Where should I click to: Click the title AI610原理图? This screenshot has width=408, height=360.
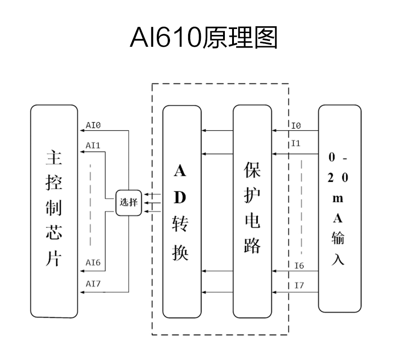pyautogui.click(x=204, y=38)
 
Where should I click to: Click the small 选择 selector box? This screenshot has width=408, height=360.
pyautogui.click(x=129, y=202)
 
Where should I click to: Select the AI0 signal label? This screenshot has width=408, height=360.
pyautogui.click(x=93, y=125)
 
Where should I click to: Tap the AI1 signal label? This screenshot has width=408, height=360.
pyautogui.click(x=93, y=146)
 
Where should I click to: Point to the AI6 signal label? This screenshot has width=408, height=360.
pyautogui.click(x=93, y=263)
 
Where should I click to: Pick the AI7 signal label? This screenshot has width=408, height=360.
pyautogui.click(x=93, y=284)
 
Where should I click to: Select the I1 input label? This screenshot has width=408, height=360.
pyautogui.click(x=296, y=143)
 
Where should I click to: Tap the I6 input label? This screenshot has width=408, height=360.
pyautogui.click(x=299, y=266)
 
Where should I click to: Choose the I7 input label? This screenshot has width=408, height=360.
pyautogui.click(x=299, y=286)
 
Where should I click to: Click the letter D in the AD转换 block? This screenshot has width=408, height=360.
pyautogui.click(x=180, y=197)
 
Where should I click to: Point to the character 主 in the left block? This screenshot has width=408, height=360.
pyautogui.click(x=54, y=158)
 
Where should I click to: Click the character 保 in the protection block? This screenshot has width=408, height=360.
pyautogui.click(x=252, y=170)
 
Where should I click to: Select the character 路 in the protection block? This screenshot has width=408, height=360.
pyautogui.click(x=252, y=245)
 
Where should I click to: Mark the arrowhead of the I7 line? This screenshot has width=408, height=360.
pyautogui.click(x=275, y=292)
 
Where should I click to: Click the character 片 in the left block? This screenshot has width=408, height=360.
pyautogui.click(x=53, y=259)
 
